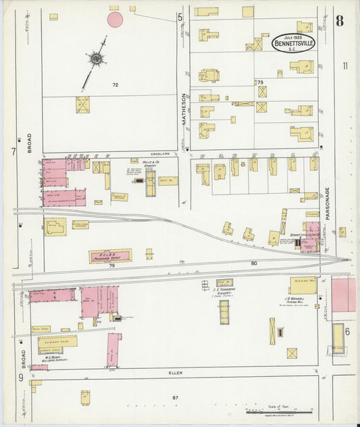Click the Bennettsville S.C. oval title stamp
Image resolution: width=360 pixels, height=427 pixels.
tap(294, 43)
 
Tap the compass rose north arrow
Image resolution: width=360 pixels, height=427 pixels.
tap(96, 60)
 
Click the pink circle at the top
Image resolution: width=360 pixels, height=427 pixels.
tap(115, 20)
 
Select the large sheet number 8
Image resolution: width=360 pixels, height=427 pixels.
tap(339, 21)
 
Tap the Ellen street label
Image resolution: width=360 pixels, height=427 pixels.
tap(176, 372)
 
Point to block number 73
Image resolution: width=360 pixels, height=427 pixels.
tap(259, 82)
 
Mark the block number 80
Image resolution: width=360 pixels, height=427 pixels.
tap(254, 263)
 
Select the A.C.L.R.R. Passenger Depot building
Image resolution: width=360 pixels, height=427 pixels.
tap(110, 256)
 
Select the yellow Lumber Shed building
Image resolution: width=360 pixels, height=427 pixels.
tap(57, 341)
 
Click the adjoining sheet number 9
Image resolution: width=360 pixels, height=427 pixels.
tap(20, 376)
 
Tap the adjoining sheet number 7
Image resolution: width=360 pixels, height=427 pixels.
tap(13, 151)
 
